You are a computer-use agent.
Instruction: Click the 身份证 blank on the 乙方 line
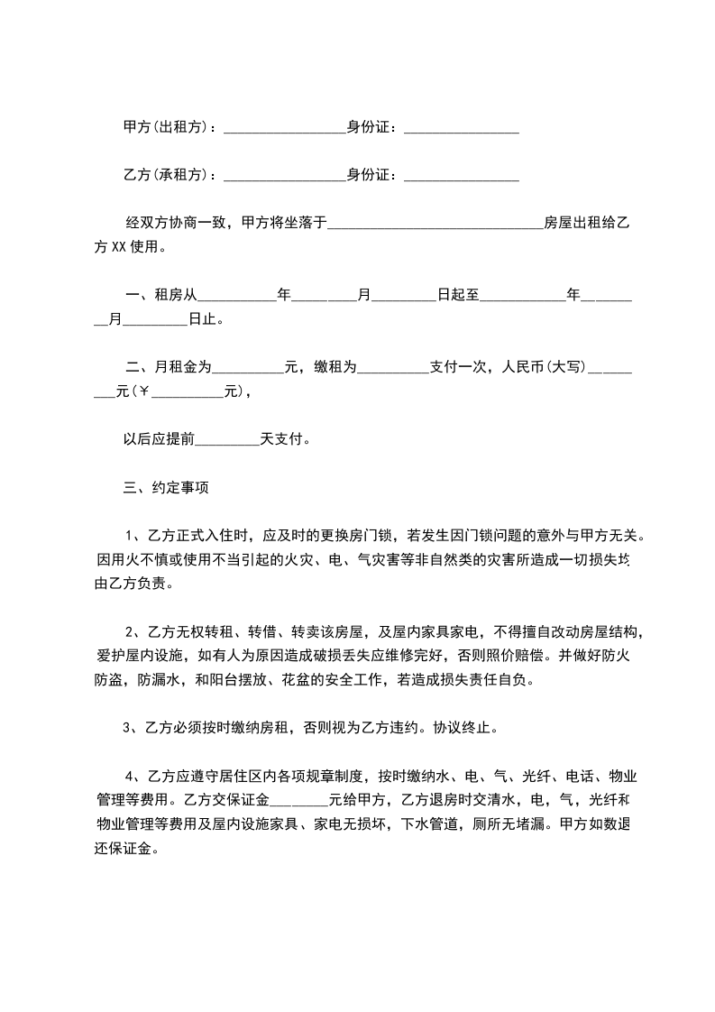point(462,177)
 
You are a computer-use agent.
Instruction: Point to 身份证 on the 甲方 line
point(371,127)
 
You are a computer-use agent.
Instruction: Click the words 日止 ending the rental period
point(204,318)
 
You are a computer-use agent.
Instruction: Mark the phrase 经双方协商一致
point(178,221)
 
